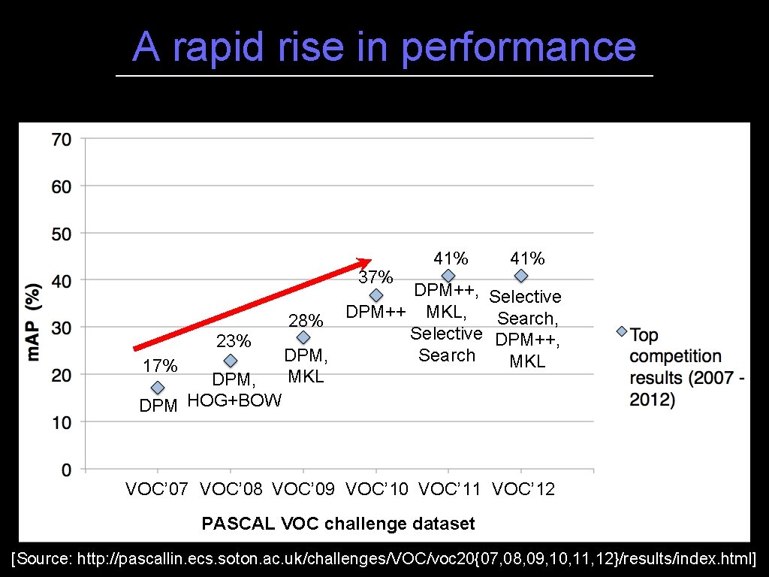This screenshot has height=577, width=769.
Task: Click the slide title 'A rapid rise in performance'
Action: coord(384,47)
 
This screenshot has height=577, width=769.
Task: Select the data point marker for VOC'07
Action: coord(157,388)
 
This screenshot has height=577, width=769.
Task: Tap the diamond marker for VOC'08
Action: coord(231,361)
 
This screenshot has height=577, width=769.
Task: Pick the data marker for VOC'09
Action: coord(303,338)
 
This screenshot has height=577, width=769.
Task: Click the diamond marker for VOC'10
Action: coord(376,296)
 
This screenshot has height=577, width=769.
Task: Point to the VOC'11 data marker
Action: coord(448,276)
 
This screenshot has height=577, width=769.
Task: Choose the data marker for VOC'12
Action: coord(521,276)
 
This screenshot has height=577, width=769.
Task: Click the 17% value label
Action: coord(160,366)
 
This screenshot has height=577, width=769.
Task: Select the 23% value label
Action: coord(234,342)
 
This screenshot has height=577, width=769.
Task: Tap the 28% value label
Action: coord(306,322)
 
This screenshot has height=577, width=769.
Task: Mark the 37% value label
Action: coord(375,277)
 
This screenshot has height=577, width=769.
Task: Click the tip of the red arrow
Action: coord(369,261)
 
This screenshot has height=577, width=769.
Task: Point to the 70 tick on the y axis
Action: coord(62,139)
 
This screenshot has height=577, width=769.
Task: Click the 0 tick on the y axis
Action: coord(67,470)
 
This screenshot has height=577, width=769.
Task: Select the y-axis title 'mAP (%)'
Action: coord(34,322)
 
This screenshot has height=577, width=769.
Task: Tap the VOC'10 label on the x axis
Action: coord(377,490)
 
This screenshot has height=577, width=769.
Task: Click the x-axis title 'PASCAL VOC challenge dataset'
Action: coord(338,523)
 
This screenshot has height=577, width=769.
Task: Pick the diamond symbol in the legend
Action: coord(622,331)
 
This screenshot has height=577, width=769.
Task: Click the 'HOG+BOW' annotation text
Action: coord(234,400)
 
